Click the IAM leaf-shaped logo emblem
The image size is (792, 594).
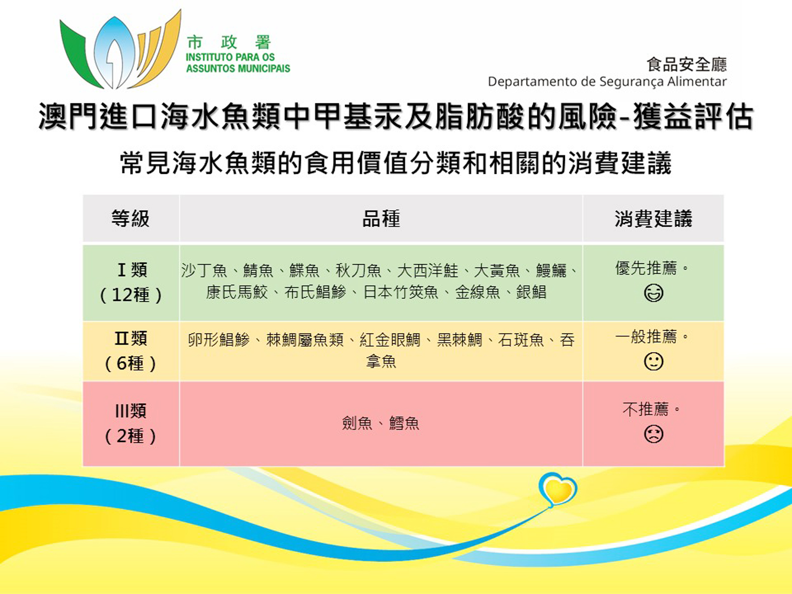point(120,50)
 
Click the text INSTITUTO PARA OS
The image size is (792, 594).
point(230,57)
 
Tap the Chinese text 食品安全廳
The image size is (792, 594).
point(687,64)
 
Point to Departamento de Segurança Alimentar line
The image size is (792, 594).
point(607,82)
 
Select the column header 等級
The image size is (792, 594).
point(131,219)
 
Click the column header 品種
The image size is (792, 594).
point(381,219)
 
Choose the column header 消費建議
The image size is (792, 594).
point(653,219)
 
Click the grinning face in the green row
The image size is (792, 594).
point(653,293)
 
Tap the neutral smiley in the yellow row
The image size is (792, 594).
point(653,361)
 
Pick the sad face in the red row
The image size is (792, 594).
point(653,434)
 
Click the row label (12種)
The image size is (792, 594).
point(131,295)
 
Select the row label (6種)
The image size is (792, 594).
point(131,363)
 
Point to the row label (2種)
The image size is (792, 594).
point(131,436)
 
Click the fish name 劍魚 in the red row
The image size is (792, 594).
point(357,423)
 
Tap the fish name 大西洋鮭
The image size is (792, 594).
point(428,270)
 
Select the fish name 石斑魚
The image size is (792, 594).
point(521,340)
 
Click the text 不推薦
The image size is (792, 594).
point(645,409)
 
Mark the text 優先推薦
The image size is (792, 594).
point(646,268)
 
